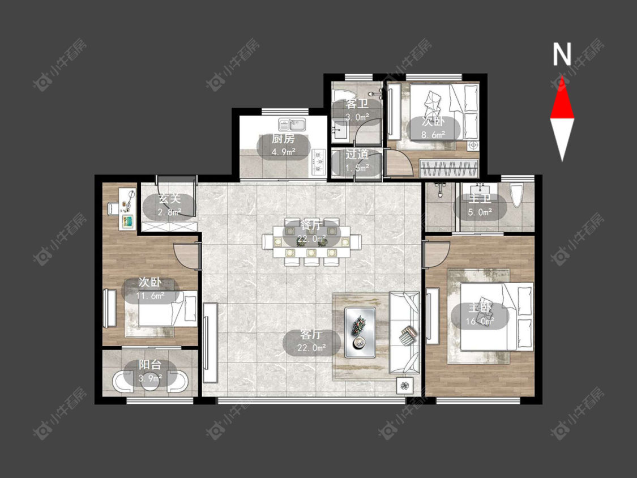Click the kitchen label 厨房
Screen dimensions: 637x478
[x=283, y=139]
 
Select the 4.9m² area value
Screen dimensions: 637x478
[x=283, y=152]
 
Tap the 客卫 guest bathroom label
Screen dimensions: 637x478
[x=357, y=104]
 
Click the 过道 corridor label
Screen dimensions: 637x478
[x=357, y=155]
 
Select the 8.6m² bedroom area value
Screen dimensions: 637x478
[x=433, y=135]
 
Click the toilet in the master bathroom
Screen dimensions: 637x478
[x=517, y=196]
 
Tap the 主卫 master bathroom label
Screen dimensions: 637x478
[x=480, y=199]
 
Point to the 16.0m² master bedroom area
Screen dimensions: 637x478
[x=480, y=321]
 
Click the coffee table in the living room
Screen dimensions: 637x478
[x=360, y=332]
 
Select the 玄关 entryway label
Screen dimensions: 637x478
[x=169, y=199]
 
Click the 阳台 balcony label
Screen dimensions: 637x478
[x=150, y=365]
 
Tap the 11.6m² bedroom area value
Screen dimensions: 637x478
[x=150, y=296]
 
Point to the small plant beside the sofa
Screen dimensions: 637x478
[x=405, y=385]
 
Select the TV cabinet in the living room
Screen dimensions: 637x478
[x=211, y=343]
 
